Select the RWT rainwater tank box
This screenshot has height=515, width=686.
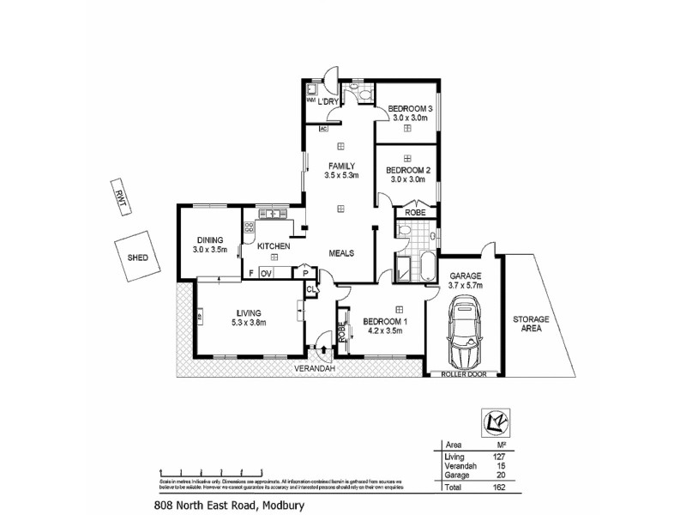click(117, 195)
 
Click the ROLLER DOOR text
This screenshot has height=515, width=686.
click(464, 375)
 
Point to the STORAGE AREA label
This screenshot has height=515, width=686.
click(531, 324)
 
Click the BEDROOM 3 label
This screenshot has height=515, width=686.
click(409, 109)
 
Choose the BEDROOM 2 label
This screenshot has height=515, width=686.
click(408, 171)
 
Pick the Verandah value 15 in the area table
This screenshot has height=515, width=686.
click(514, 465)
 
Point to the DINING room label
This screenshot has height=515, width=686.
click(210, 240)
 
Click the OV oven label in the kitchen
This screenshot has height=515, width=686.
click(266, 273)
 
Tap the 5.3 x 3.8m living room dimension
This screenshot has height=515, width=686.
click(249, 323)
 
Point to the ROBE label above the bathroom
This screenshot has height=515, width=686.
click(416, 212)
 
